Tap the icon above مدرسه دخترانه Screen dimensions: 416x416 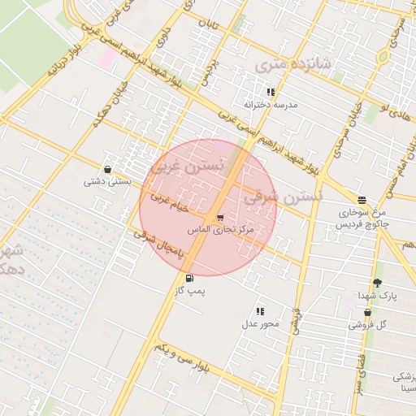click(x=271, y=93)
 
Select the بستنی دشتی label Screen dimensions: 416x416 click(x=108, y=182)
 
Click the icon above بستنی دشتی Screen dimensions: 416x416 click(x=108, y=170)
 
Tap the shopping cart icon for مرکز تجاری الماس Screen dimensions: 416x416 click(x=220, y=218)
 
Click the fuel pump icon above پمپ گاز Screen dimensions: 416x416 click(x=189, y=278)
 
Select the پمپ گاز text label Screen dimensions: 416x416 click(x=188, y=290)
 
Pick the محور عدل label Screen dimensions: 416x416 click(x=260, y=324)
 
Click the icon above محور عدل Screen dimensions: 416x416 click(x=260, y=311)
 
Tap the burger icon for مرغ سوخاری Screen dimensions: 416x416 click(x=362, y=200)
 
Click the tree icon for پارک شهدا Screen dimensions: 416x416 click(x=377, y=283)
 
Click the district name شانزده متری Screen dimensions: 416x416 click(x=292, y=63)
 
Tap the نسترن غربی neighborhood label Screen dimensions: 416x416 click(x=185, y=168)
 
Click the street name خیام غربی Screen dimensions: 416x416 click(x=170, y=202)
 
